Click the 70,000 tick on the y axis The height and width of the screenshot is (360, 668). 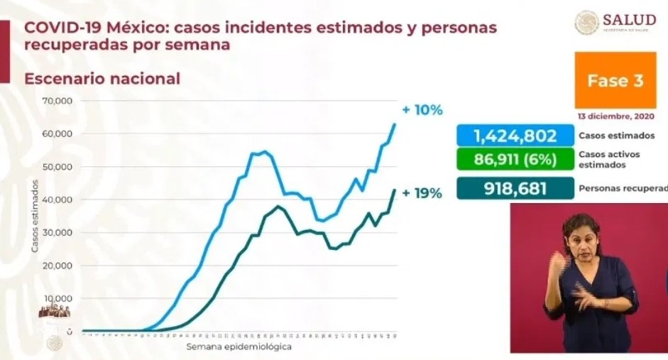(x=60, y=101)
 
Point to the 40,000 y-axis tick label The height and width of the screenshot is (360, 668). (x=60, y=200)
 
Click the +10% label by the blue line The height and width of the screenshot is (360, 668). (x=422, y=110)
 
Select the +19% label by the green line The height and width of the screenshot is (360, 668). (x=422, y=192)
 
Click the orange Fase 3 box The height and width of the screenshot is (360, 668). (x=615, y=81)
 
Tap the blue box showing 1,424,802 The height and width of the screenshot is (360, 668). (x=515, y=136)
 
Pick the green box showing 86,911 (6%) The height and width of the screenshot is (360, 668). (x=515, y=160)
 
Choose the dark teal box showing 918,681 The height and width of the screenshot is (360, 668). (x=515, y=188)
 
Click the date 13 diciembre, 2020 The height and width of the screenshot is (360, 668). (x=615, y=117)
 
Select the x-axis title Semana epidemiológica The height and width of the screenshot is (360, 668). (x=239, y=347)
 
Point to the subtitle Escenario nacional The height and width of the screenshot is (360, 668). (x=102, y=79)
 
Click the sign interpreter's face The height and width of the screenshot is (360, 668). (x=583, y=239)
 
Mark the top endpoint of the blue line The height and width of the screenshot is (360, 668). (x=395, y=124)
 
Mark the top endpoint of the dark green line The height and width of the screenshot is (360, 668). (x=395, y=190)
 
